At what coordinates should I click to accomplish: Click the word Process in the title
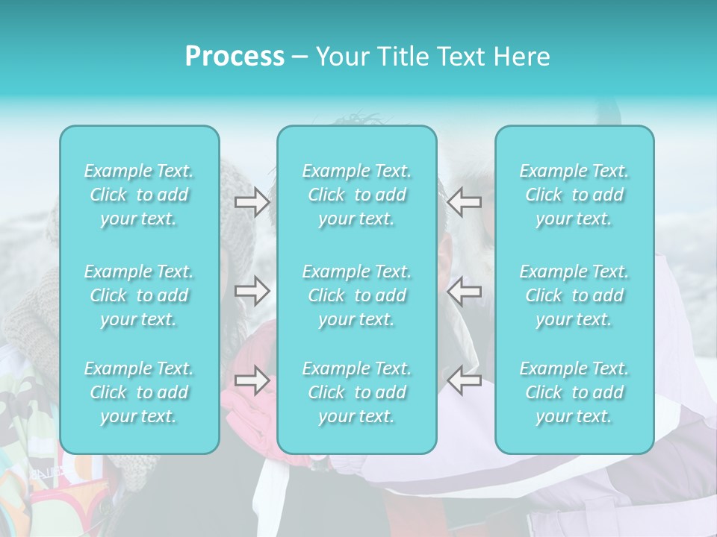click(x=235, y=57)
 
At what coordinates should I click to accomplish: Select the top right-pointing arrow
click(x=252, y=202)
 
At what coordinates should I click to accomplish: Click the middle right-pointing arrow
click(x=252, y=290)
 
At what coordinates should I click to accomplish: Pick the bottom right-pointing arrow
click(x=252, y=380)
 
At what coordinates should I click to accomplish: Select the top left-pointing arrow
click(x=464, y=202)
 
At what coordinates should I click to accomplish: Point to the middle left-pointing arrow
click(x=464, y=290)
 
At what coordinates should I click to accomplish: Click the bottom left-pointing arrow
click(x=464, y=380)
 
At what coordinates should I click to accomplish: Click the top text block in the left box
click(x=139, y=195)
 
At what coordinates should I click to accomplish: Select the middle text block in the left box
click(x=139, y=295)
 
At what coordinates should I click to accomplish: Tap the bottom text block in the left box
click(x=139, y=392)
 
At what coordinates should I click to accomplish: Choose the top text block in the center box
click(x=357, y=195)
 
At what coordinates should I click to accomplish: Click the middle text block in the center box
click(x=357, y=295)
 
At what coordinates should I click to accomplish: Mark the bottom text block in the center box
click(x=357, y=392)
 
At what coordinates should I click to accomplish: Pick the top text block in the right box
click(x=574, y=195)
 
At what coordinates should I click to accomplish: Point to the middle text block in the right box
click(x=574, y=295)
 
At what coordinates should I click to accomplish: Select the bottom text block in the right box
click(x=574, y=392)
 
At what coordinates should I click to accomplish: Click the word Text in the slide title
click(x=460, y=57)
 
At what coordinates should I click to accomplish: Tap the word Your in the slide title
click(x=340, y=57)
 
